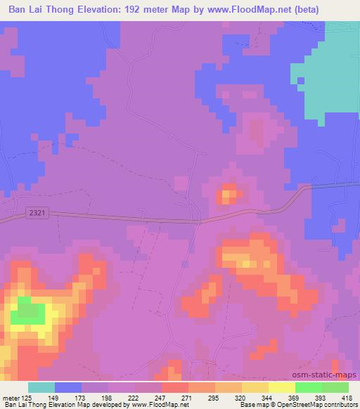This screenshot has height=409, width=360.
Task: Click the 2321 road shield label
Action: [x=39, y=211]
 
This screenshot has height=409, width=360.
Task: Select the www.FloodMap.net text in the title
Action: [x=266, y=10]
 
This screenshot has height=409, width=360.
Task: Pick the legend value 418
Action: [x=347, y=398]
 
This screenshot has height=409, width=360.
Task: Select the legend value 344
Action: [x=267, y=398]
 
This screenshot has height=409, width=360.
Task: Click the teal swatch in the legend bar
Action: [x=41, y=387]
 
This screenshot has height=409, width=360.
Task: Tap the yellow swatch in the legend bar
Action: [x=281, y=387]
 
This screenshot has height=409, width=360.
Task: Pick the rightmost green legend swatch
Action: [x=335, y=387]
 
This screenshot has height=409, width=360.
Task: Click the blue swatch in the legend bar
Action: [x=68, y=387]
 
